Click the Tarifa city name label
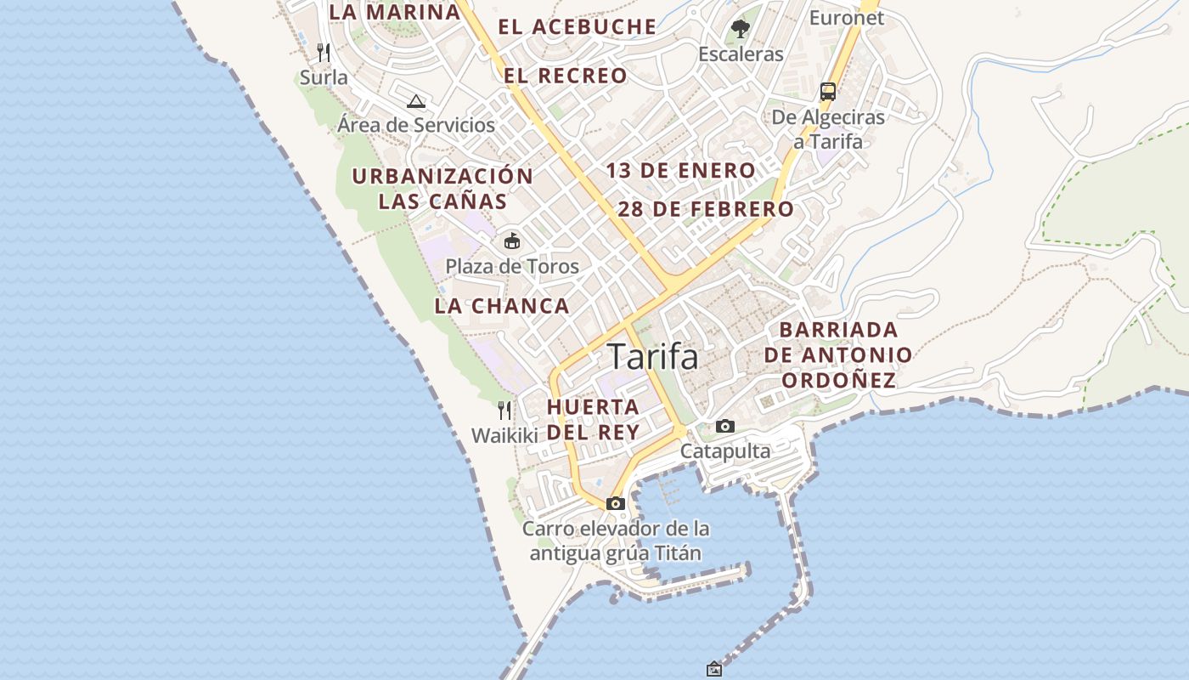coord(653,357)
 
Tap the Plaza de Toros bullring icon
coord(511,241)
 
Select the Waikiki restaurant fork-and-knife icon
coord(504,411)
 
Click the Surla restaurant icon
coord(323,53)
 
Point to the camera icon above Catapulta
coord(724,426)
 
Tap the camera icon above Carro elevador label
coord(616,503)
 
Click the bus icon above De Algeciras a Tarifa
coord(828,92)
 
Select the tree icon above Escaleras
coord(741,29)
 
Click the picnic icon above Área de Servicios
coord(416,101)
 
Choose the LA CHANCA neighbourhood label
coord(502,306)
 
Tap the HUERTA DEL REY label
coord(593,419)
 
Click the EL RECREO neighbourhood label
coord(566,76)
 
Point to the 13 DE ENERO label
coord(680,171)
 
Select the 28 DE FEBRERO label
coord(707,209)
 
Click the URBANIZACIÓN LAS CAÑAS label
coord(442,189)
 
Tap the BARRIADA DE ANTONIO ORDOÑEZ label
coord(838,354)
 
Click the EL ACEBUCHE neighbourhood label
coord(578,26)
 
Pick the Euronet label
coord(846,17)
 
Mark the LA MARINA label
coord(394,12)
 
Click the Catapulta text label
coord(725,450)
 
